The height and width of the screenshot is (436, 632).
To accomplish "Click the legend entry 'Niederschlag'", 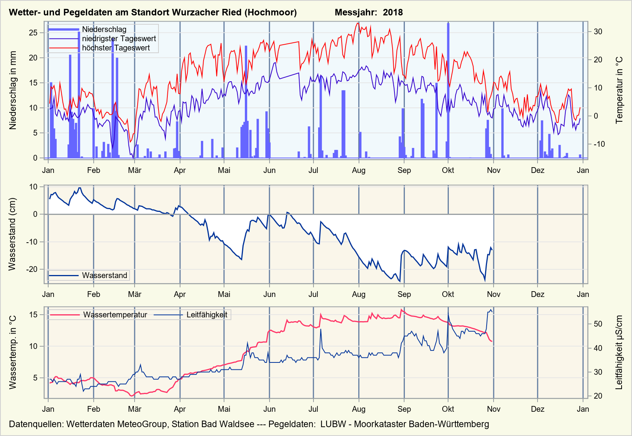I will coord(104,29).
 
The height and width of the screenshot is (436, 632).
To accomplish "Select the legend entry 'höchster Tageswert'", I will coord(116,48).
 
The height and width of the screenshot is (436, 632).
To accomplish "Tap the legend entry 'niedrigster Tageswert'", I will coord(119,39).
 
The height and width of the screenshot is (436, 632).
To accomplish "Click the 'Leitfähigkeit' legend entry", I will coord(207,315).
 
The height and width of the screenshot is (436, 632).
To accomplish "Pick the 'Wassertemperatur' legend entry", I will coord(115,315).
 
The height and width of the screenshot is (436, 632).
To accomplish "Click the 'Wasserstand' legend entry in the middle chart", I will coord(104,275).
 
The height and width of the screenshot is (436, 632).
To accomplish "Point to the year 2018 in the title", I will coord(393,12).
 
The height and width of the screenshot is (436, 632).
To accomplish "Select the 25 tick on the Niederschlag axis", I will coord(33,33).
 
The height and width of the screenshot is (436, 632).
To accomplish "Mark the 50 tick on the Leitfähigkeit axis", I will coord(598,324).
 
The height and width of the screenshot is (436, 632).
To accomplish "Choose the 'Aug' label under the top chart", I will coord(359,170).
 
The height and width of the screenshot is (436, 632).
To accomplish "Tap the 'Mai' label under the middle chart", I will coord(224,294).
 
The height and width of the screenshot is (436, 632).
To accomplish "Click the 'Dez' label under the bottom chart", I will coord(538,409).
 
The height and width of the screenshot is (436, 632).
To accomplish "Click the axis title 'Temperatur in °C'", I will coord(619,90).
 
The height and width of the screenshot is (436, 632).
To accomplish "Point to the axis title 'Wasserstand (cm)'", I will coord(12,234).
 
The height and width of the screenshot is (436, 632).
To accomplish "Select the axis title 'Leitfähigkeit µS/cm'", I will coord(619,352).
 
